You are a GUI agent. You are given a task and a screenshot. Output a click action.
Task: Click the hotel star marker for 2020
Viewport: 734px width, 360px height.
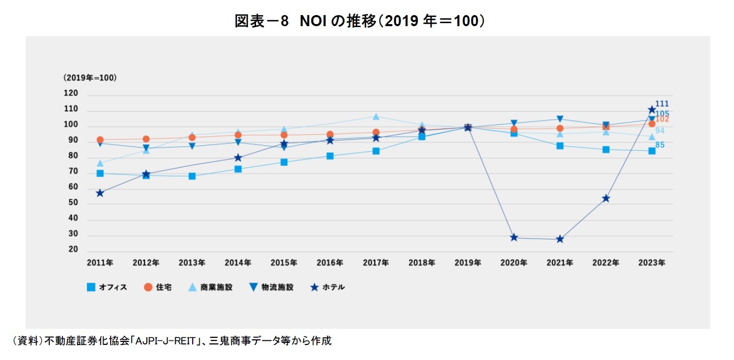[x=514, y=237]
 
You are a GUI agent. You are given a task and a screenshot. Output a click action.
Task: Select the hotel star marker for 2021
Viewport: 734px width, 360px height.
[x=559, y=239]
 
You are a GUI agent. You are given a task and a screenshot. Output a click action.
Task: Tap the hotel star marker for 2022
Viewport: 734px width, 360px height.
[x=606, y=198]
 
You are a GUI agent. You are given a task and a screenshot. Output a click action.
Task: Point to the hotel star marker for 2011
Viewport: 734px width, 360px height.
[x=100, y=193]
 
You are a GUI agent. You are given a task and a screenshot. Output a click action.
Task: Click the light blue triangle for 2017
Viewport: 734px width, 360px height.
[x=376, y=117]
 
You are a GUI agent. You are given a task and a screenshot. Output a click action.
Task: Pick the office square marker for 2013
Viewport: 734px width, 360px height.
[x=192, y=176]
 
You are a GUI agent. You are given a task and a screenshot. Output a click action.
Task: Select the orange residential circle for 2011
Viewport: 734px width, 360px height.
[x=100, y=140]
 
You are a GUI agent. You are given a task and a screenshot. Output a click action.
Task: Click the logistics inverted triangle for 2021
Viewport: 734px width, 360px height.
[x=559, y=119]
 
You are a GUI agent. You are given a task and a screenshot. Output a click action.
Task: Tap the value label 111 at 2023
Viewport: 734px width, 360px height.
[x=662, y=104]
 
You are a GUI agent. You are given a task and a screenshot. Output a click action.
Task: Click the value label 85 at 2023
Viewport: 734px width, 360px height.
[x=660, y=145]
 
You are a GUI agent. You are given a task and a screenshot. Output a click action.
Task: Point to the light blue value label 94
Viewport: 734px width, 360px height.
[x=660, y=131]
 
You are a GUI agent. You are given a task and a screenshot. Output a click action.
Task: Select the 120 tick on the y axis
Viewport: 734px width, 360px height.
[x=71, y=94]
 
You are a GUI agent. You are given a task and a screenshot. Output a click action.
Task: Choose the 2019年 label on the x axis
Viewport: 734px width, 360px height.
[x=467, y=263]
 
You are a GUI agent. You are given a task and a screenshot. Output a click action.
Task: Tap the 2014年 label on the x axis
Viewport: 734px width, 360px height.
[x=238, y=263]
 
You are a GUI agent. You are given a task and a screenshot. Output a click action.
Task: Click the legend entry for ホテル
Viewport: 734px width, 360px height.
[x=328, y=288]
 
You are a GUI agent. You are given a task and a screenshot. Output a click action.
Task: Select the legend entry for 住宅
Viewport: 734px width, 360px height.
[x=157, y=288]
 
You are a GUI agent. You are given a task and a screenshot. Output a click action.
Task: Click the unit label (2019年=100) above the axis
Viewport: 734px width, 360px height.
[x=90, y=77]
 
